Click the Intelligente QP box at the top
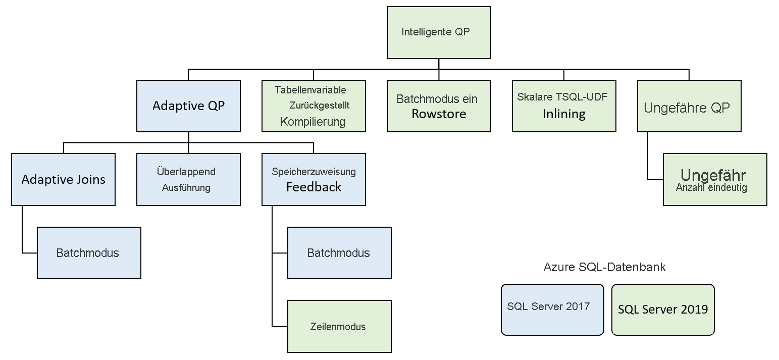(x=438, y=32)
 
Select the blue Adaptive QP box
(x=188, y=106)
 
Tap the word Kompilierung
(x=313, y=122)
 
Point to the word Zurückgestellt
(x=319, y=106)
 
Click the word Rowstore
(x=438, y=114)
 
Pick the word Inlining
(x=564, y=114)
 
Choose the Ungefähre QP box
(x=689, y=106)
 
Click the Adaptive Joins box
(x=63, y=179)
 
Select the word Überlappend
(x=186, y=172)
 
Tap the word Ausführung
(x=186, y=188)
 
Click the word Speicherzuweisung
(x=314, y=172)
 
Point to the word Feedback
(x=314, y=187)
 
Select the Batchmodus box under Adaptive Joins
(x=89, y=253)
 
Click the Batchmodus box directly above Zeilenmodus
(x=339, y=253)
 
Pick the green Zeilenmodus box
(x=339, y=327)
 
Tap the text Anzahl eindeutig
(x=711, y=187)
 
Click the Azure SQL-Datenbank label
(x=604, y=267)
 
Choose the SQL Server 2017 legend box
(x=552, y=310)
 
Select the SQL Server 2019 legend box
(x=662, y=310)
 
